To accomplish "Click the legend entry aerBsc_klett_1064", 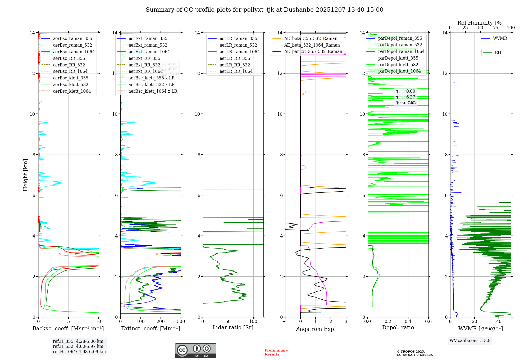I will click(72, 91).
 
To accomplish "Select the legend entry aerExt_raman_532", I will click(148, 45).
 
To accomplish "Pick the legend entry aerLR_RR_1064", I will click(236, 71).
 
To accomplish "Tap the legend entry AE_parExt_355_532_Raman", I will click(313, 52).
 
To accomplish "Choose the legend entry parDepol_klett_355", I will click(398, 58).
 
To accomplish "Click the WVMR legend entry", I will click(500, 38).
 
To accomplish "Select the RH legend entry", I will click(498, 53).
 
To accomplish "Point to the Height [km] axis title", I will click(25, 175).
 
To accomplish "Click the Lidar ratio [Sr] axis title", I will click(233, 328).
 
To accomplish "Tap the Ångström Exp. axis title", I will click(316, 329).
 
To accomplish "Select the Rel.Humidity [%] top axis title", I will click(480, 23).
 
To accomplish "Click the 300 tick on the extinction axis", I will click(181, 322).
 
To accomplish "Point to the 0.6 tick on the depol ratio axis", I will click(428, 322).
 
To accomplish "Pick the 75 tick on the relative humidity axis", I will click(496, 28).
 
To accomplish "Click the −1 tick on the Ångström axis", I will click(285, 322).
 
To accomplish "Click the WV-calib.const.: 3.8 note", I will click(470, 341).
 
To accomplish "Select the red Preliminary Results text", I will click(276, 352).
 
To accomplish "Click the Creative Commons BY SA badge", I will click(195, 351).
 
